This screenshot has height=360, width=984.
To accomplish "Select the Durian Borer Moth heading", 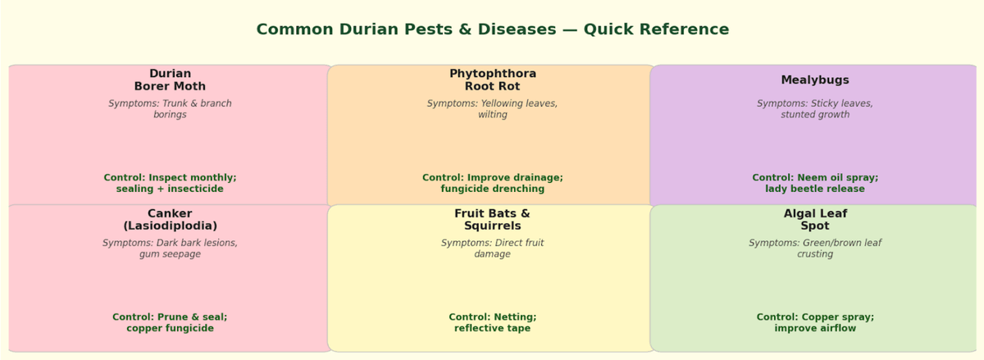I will click(170, 80).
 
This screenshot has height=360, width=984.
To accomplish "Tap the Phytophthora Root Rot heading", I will click(492, 80).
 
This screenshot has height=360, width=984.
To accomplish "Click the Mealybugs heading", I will click(815, 80).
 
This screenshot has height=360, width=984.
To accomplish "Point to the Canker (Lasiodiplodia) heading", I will click(170, 220).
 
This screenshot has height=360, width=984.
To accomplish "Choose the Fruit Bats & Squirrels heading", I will click(492, 220).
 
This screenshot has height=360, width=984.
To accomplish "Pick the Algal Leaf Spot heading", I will click(815, 220).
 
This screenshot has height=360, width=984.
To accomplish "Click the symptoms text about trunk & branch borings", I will click(170, 109).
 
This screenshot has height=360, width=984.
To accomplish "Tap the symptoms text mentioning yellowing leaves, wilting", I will click(492, 109).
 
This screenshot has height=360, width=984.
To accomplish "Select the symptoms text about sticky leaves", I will click(815, 109).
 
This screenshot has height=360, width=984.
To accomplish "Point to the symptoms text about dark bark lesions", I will click(170, 248).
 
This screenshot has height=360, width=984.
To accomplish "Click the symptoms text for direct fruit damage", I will click(492, 248).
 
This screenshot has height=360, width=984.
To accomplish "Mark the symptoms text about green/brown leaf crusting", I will click(815, 248).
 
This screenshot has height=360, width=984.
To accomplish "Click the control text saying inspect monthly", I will click(170, 183).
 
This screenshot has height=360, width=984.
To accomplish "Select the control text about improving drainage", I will click(492, 183).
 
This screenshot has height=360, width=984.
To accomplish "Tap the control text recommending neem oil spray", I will click(815, 183).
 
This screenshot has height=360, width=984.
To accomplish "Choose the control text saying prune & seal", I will click(170, 322).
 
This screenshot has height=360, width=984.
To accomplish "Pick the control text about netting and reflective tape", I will click(492, 322).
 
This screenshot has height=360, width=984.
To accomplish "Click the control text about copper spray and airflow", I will click(815, 322).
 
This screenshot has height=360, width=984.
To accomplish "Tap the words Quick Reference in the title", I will click(656, 30).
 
